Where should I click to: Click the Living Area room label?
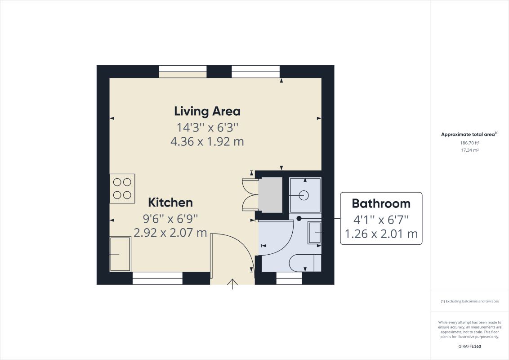tap(207, 111)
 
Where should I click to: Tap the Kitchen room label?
tap(170, 202)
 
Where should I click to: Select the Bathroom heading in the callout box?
tap(381, 203)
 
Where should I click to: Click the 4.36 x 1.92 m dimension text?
tap(207, 142)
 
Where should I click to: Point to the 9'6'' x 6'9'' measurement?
tap(170, 219)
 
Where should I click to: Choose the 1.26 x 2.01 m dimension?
tap(381, 234)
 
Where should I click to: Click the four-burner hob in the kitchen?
tap(122, 189)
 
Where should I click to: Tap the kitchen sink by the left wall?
tap(120, 254)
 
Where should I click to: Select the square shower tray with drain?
tap(305, 195)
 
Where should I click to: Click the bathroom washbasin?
tap(315, 233)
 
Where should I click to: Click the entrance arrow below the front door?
tap(232, 284)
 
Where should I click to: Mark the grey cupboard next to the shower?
tap(270, 195)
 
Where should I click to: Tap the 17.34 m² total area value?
tap(469, 150)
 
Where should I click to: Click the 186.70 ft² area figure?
tap(469, 143)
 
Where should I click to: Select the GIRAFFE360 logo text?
tap(469, 347)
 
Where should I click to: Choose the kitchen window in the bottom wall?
tap(157, 279)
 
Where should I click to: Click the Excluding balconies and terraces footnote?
tap(469, 301)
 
